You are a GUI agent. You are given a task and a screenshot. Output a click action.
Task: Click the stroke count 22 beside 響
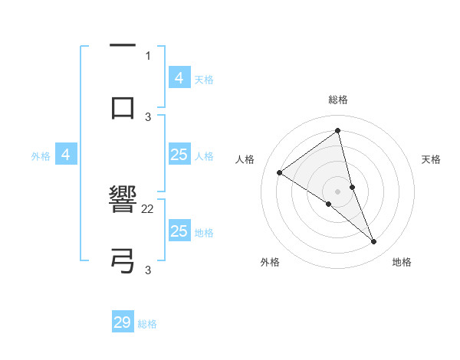click(148, 208)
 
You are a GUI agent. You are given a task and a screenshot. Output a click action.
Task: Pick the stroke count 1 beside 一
click(148, 55)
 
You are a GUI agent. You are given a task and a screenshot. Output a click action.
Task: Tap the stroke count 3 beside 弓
click(148, 270)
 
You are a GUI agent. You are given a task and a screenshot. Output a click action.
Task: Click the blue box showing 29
click(123, 322)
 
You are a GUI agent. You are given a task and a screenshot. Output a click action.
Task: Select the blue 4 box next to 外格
click(66, 155)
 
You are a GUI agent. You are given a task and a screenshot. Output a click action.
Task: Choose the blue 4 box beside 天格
click(179, 78)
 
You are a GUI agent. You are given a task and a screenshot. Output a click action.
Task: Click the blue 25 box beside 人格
click(179, 155)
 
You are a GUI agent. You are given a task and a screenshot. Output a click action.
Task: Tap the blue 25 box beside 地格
click(179, 231)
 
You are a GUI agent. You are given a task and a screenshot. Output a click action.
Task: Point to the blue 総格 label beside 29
click(147, 324)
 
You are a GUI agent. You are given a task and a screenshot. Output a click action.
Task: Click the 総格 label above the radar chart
click(338, 100)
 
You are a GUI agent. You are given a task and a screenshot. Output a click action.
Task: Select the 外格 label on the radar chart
click(270, 263)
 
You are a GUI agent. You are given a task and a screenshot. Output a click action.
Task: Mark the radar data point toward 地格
click(374, 242)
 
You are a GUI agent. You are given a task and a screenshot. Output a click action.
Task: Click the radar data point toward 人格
click(279, 172)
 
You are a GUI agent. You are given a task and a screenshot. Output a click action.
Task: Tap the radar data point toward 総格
click(338, 131)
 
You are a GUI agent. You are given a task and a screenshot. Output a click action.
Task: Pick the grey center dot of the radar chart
click(338, 191)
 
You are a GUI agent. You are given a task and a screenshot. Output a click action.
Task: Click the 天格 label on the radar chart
click(432, 159)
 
